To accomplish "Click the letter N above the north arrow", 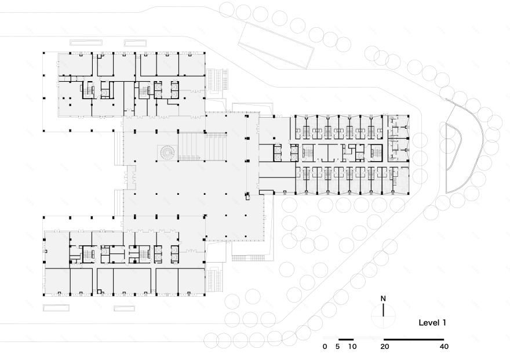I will (x=383, y=299).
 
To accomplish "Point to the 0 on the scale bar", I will (x=325, y=347).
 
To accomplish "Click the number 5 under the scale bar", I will (x=338, y=347).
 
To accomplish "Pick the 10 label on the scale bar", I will (x=352, y=347).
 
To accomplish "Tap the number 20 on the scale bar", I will (x=383, y=347).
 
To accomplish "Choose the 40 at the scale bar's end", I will (x=444, y=347).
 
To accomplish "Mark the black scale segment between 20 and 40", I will (x=413, y=338).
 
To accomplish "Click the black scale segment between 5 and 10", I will (x=345, y=338).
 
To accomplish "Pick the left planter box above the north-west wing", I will (x=86, y=42).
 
